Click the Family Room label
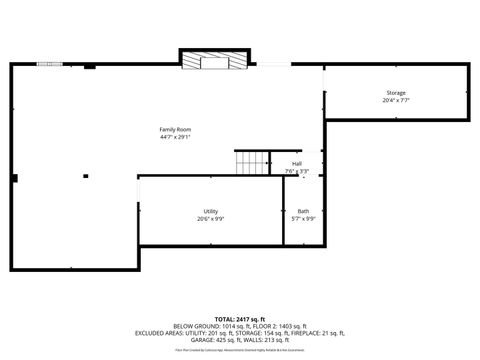point(175,129)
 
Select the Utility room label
point(211,211)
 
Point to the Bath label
point(303,211)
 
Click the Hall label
point(297,164)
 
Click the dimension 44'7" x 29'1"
point(175,137)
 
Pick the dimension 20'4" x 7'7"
point(396,101)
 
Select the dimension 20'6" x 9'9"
point(211,218)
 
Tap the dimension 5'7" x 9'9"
point(303,218)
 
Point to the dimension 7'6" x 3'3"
point(297,171)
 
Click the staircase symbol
point(253,163)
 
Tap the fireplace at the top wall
point(215,61)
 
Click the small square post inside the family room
point(85,176)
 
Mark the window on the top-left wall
point(48,65)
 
